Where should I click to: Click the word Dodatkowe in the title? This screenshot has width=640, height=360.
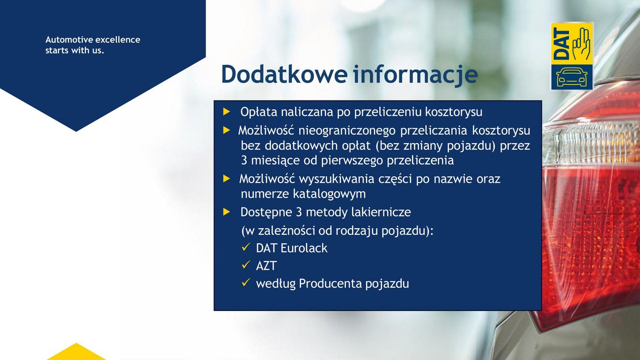click(284, 74)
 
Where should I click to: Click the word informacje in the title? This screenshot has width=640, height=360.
click(415, 75)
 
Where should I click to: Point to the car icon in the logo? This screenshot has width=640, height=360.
click(572, 77)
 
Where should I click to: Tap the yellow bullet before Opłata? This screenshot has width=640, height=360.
click(226, 112)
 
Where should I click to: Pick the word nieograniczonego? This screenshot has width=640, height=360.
click(347, 131)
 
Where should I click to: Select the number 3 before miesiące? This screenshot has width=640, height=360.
click(244, 160)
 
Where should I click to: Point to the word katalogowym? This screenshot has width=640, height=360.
click(329, 194)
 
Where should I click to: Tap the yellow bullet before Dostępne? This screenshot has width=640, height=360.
click(226, 212)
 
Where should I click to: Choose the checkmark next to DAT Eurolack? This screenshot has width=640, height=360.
click(246, 247)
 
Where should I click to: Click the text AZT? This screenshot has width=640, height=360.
click(267, 266)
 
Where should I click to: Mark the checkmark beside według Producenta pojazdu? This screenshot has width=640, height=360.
click(246, 283)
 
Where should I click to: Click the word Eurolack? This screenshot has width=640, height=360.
click(304, 248)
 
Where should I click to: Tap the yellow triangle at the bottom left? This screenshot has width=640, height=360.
click(76, 352)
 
